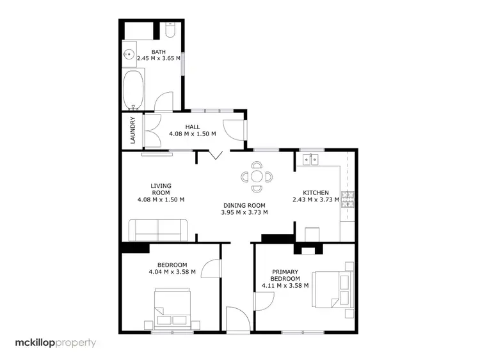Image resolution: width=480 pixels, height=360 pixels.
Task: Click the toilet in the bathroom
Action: (170, 31)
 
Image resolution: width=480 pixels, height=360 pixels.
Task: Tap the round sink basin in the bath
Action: (130, 56)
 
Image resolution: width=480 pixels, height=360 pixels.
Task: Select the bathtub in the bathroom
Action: (134, 90)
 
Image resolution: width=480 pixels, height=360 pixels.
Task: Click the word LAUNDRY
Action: (132, 130)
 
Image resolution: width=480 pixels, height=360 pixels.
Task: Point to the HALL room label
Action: (192, 127)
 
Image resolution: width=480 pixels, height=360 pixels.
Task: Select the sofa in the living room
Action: (158, 230)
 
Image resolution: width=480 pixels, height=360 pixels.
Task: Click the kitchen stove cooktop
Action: (349, 200)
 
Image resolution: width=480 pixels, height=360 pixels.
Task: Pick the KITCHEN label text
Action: (316, 192)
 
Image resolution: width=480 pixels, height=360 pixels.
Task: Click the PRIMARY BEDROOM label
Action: (285, 274)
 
